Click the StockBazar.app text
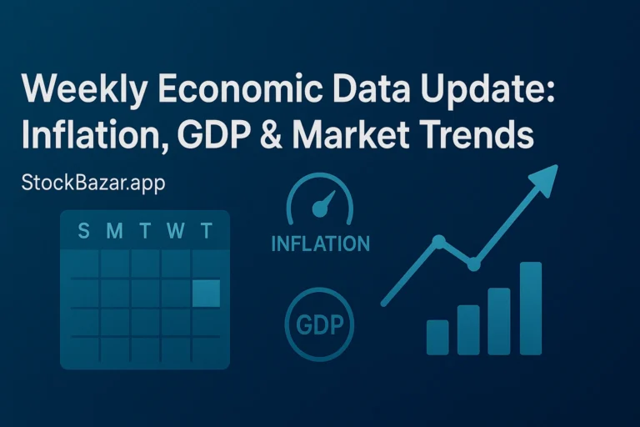(93, 183)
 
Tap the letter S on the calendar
(83, 231)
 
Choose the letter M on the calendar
(115, 231)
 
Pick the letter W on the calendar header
(176, 231)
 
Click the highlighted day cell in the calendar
(206, 294)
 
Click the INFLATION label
(320, 244)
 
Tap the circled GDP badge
(319, 324)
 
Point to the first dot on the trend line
(438, 242)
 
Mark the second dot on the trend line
(473, 264)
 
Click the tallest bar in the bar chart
(531, 308)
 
